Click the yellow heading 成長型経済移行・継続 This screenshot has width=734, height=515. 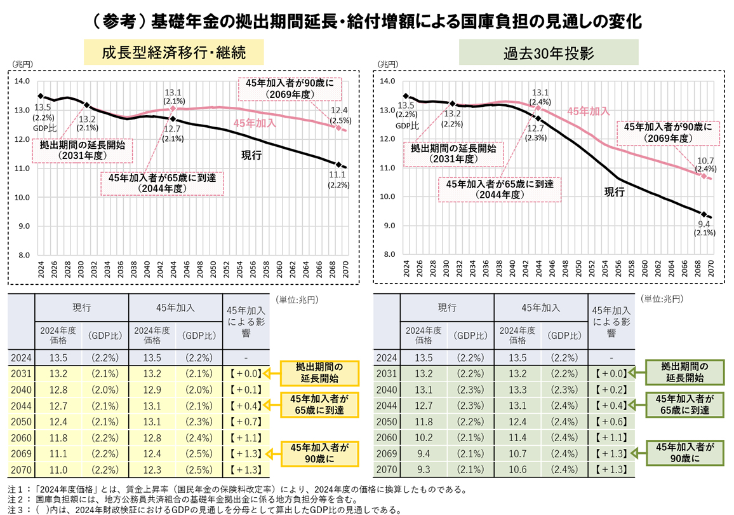(173, 52)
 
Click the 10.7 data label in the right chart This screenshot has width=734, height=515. (705, 160)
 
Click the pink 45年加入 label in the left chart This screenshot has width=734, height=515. (255, 123)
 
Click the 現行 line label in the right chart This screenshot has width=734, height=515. (615, 191)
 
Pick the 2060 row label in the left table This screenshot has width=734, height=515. (21, 439)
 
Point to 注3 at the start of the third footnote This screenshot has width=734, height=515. (14, 509)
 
